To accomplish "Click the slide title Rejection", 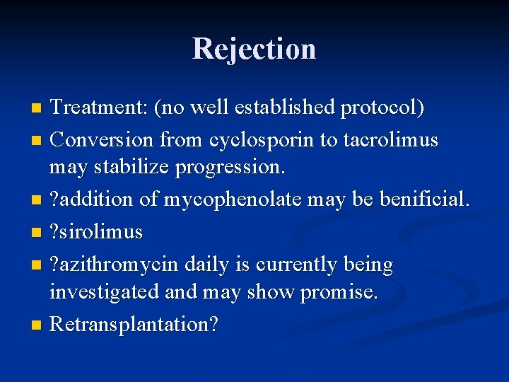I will (254, 49).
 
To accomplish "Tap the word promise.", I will (339, 293).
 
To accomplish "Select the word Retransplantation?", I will (134, 325).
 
